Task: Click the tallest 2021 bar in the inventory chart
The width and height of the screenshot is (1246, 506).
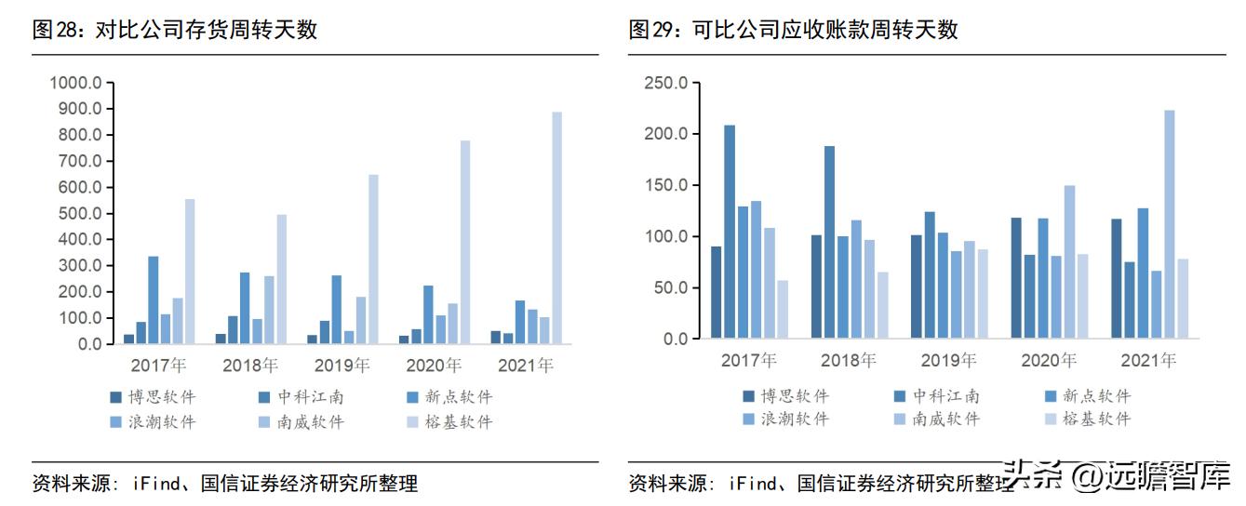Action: click(x=556, y=228)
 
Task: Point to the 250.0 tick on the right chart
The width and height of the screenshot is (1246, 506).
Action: click(x=666, y=83)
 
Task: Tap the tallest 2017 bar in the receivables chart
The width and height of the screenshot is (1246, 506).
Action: click(x=730, y=232)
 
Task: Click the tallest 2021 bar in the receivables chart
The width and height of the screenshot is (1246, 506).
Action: click(x=1169, y=224)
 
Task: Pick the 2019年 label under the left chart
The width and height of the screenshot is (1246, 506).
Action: click(x=342, y=365)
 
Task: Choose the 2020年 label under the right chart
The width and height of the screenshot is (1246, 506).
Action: click(x=1049, y=360)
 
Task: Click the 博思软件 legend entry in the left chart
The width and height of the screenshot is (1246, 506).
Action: click(x=153, y=397)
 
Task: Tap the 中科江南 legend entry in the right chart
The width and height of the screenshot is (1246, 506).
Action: click(x=934, y=396)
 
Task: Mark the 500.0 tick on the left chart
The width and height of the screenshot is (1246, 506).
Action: click(x=80, y=213)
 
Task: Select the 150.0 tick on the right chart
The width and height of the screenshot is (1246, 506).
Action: click(x=666, y=185)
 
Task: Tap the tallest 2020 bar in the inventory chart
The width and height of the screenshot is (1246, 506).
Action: click(x=465, y=242)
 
